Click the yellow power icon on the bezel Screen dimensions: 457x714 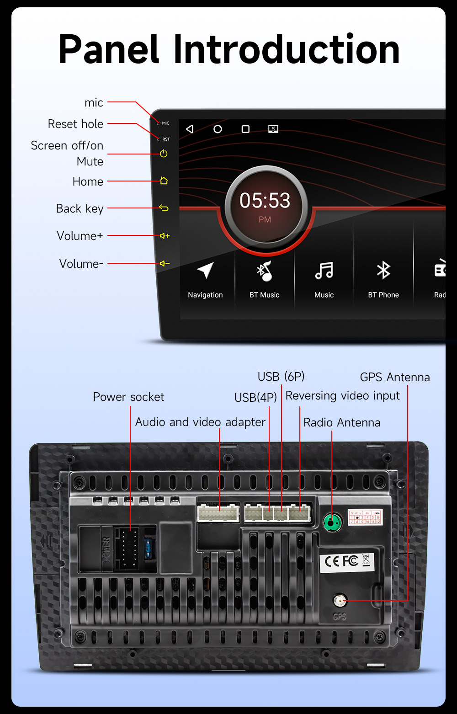164,154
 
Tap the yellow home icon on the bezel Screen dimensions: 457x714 164,181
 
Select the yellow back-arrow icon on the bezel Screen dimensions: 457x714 164,208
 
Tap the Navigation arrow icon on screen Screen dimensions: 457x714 205,270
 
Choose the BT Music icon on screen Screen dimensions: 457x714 264,271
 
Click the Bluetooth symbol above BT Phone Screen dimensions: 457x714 383,270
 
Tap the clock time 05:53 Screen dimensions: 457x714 265,201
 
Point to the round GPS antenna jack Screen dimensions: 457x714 340,600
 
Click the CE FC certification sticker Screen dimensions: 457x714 347,561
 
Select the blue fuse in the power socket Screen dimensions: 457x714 148,548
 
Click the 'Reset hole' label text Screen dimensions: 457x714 75,124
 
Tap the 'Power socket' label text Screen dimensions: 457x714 128,397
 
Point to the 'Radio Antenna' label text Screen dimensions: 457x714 342,422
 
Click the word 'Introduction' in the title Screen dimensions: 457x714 286,49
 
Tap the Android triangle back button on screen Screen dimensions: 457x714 190,129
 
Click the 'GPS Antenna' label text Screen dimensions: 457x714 395,377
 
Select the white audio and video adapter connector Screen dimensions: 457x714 218,512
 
